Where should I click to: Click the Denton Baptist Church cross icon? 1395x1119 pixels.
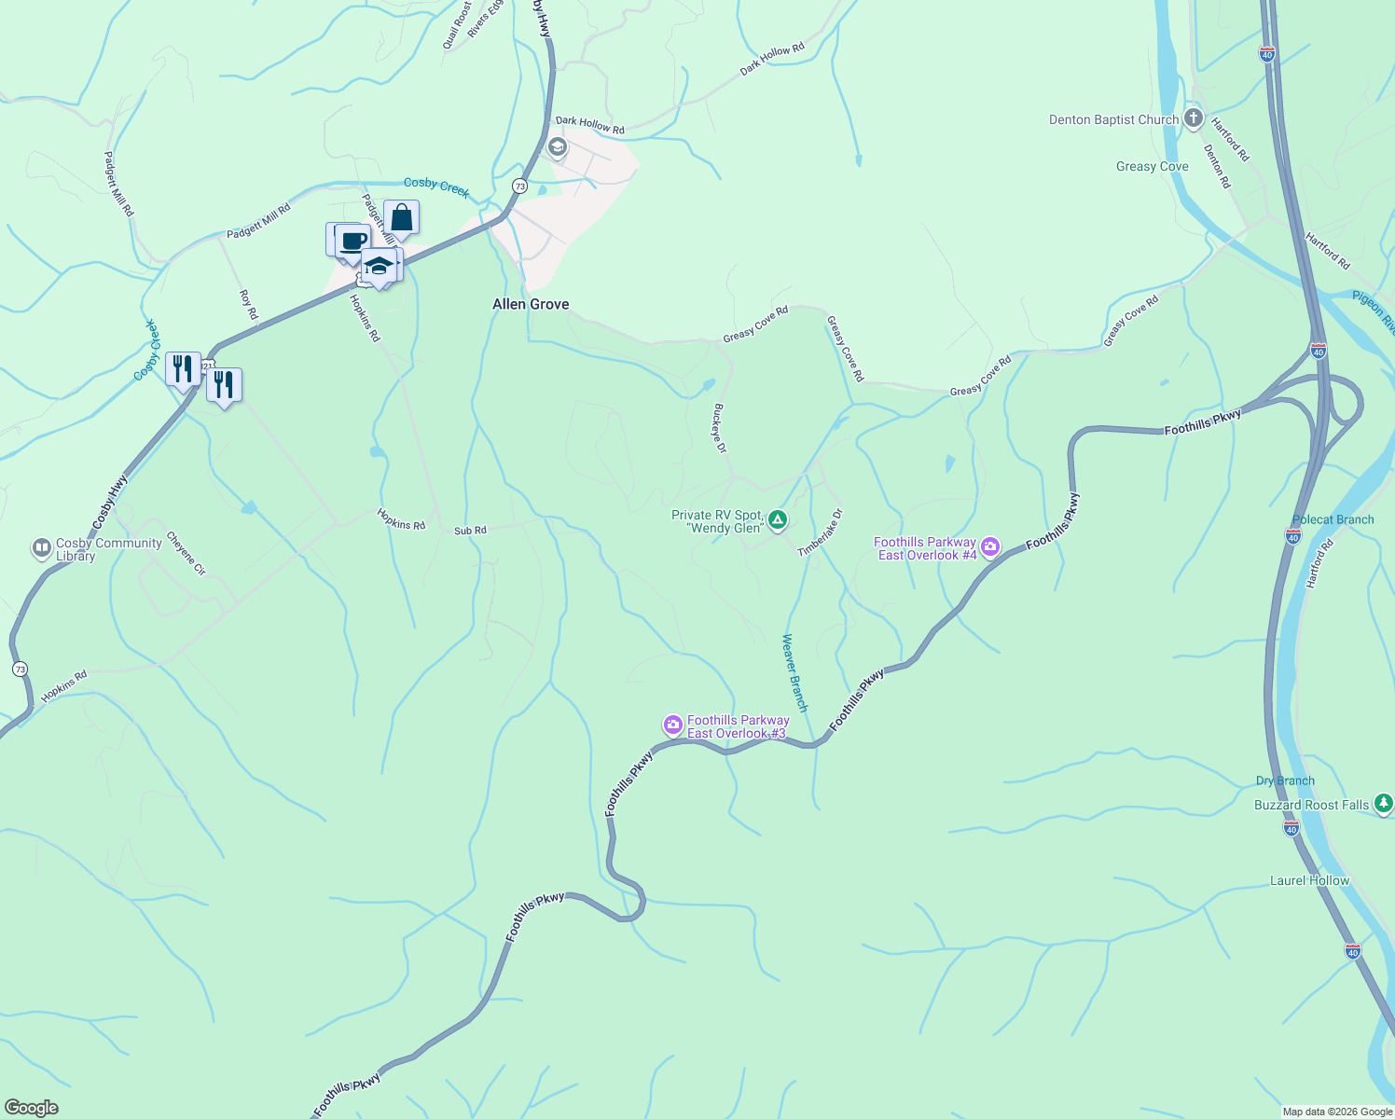point(1193,118)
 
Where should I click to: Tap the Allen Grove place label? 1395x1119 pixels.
point(531,304)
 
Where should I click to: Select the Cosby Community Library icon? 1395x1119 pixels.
point(41,548)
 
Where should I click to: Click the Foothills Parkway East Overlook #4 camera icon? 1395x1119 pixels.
point(990,547)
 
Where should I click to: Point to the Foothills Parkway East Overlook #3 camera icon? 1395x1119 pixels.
point(672,725)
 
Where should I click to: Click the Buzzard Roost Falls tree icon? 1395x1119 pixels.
point(1384,803)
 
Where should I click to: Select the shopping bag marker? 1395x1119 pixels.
point(402,218)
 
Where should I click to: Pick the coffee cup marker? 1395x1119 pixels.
point(352,242)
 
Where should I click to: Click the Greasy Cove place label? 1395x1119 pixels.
point(1152,167)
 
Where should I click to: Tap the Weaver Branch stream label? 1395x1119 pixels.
point(794,672)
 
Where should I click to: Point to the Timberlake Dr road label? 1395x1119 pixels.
point(821,533)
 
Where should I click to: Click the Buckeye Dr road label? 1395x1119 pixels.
point(719,428)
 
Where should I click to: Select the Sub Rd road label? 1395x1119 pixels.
point(470,531)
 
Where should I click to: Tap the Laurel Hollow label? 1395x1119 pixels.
point(1309,880)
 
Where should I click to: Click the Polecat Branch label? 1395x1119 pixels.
point(1333,519)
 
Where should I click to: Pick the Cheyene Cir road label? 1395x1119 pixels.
point(186,554)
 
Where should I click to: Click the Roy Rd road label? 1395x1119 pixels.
point(247,304)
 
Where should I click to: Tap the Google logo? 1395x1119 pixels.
point(31,1108)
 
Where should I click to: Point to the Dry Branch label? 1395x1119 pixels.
point(1285,781)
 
